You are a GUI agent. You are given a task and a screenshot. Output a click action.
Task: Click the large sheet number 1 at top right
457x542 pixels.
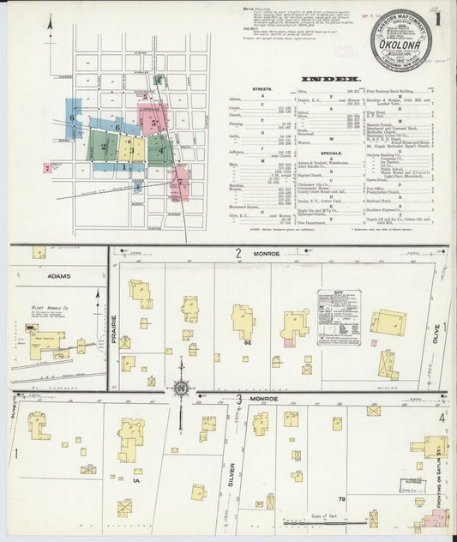441,18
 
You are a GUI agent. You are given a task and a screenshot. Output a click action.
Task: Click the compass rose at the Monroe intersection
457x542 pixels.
181,388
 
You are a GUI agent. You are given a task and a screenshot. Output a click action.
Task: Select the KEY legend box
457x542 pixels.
339,317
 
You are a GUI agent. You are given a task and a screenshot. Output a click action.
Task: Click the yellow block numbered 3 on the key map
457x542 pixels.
131,148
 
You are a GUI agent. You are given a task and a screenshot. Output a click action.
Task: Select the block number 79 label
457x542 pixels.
340,498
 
